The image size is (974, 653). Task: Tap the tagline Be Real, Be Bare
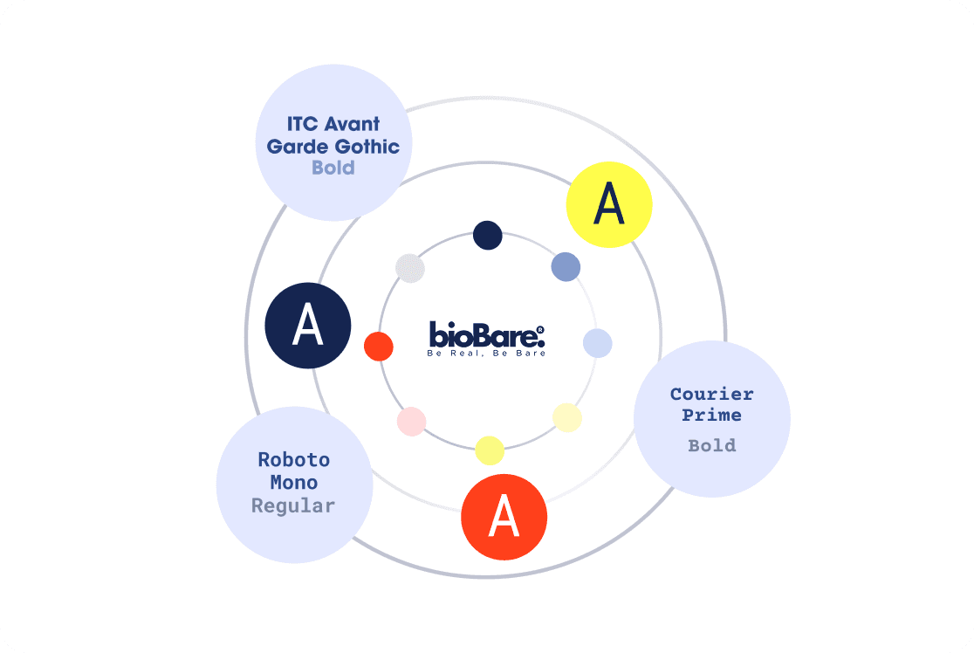pos(486,354)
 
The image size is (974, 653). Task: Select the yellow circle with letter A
pos(609,204)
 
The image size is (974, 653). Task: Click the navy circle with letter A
pos(308,325)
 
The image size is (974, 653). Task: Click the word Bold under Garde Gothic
pos(333,167)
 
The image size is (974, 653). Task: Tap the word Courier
pos(711,394)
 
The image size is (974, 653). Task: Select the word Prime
pos(712,415)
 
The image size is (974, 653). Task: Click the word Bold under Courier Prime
pos(712,445)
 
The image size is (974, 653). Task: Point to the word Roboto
pos(294,459)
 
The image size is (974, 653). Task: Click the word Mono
pos(294,482)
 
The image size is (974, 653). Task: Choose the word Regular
pos(293,505)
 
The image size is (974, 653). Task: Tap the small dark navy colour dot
pos(487,234)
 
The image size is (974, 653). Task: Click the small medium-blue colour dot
pos(566,266)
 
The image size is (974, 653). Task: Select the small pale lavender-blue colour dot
pos(597,343)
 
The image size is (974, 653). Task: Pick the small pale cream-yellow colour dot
pos(567,417)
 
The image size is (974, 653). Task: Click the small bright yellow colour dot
pos(490,450)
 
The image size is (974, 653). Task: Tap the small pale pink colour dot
pos(411,422)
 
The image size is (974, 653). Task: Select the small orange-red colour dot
pos(379,346)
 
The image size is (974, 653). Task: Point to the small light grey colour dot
pos(410,268)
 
